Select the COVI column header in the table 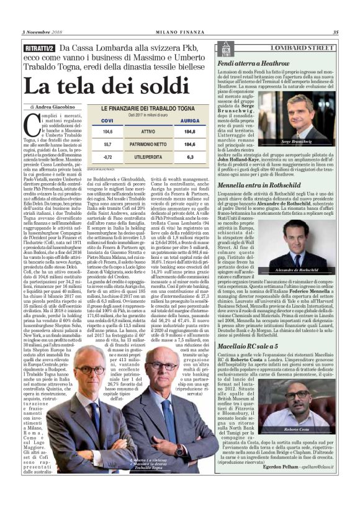coord(90,120)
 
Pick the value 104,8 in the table coord(90,132)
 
